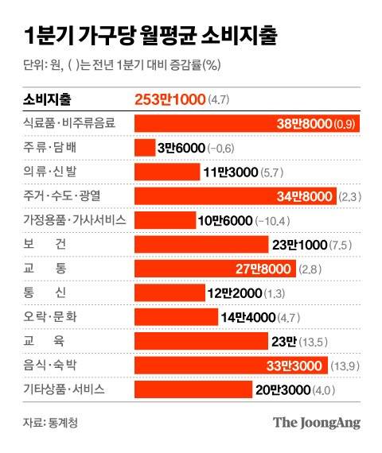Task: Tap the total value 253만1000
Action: tap(170, 100)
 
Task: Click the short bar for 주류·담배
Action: tap(145, 148)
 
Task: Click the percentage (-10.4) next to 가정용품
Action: tap(279, 220)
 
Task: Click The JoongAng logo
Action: tap(316, 424)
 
